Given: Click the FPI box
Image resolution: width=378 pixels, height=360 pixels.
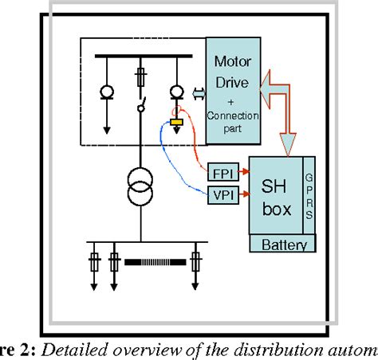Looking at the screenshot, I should (x=219, y=173).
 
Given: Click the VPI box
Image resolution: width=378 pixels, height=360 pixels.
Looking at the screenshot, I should (x=219, y=194).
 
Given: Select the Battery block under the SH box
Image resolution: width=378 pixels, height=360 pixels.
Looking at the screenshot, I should (x=284, y=245).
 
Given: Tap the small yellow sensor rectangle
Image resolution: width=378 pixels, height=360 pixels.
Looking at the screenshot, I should (x=177, y=122).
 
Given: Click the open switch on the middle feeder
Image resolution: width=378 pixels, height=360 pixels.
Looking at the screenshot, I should (x=142, y=106).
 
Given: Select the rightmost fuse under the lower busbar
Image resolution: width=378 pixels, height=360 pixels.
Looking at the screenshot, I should (x=195, y=260).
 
